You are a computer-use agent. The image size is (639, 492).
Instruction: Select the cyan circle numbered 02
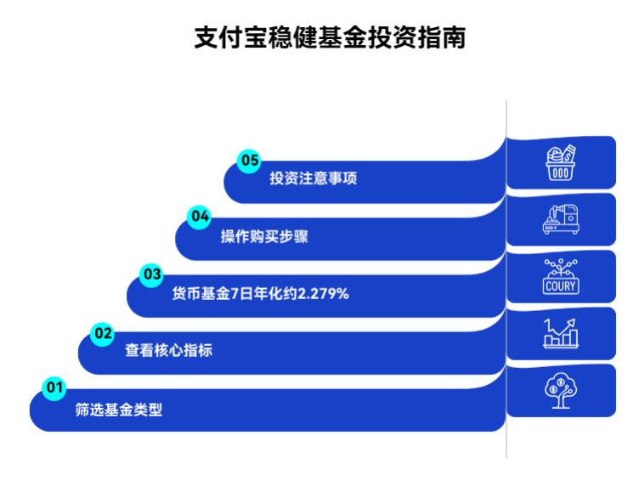point(103,333)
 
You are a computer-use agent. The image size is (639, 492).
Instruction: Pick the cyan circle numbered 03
point(151,274)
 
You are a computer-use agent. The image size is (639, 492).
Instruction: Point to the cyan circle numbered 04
point(200,217)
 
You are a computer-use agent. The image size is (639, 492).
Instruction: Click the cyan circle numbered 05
point(248,160)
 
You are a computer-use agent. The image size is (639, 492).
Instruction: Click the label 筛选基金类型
point(119,410)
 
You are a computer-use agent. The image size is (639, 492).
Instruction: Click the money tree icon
point(561,389)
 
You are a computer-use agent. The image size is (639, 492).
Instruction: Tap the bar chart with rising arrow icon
point(561,332)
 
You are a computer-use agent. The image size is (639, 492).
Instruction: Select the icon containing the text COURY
point(561,277)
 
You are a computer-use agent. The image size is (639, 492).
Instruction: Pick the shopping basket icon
point(561,161)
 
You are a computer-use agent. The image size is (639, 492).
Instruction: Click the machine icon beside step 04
point(561,219)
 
